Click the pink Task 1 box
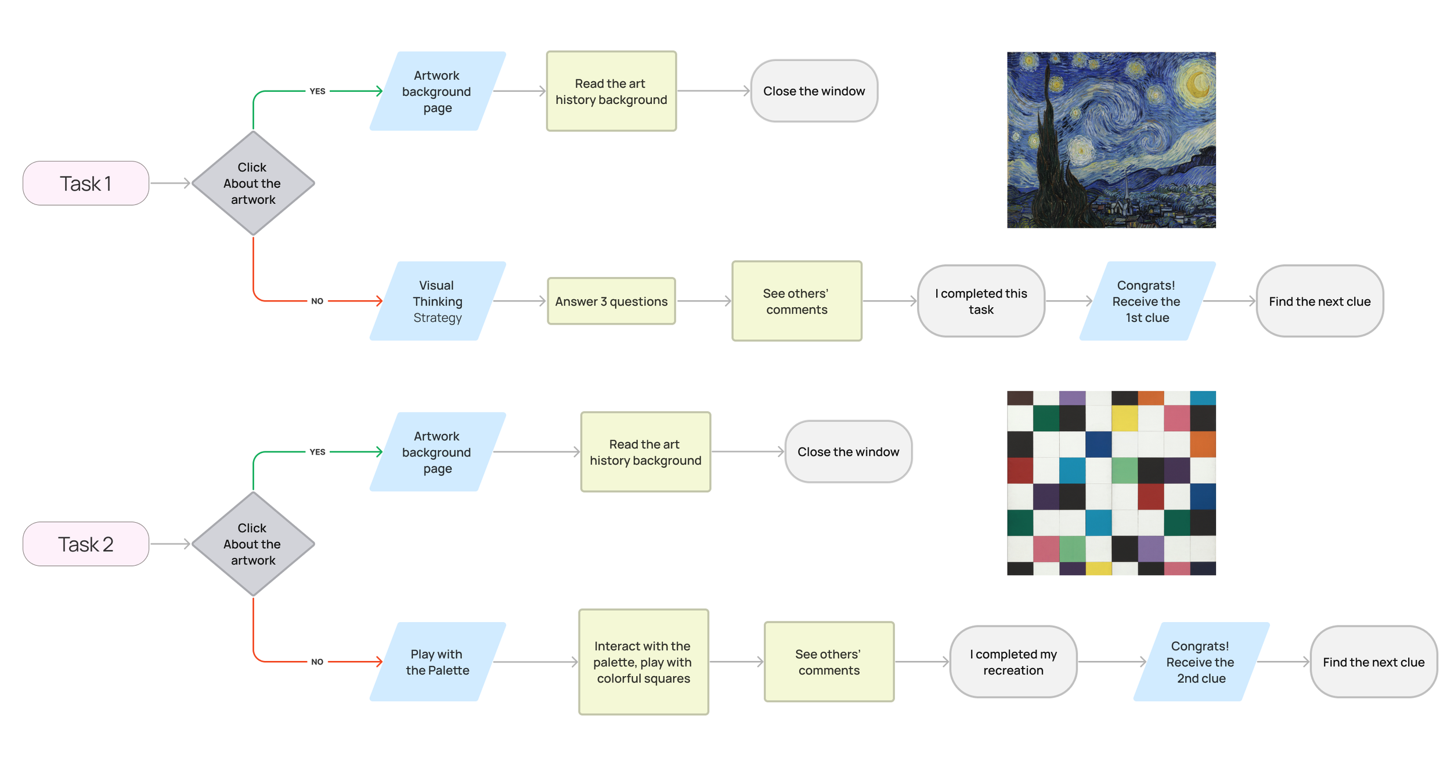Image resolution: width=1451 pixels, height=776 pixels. click(86, 184)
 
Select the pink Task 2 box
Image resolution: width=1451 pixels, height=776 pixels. click(86, 544)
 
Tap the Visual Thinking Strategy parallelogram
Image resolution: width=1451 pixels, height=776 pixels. click(438, 301)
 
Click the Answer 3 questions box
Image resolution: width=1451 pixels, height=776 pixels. click(611, 301)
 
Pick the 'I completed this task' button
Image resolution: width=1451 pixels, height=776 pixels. click(981, 301)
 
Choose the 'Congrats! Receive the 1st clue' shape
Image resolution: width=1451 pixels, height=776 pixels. click(1147, 301)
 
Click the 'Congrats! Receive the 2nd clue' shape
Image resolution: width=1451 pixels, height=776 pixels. click(1201, 662)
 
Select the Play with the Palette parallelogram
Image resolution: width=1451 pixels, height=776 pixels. click(438, 662)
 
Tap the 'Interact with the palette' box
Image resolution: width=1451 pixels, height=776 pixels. click(644, 662)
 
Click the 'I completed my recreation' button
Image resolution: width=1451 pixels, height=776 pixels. click(1013, 662)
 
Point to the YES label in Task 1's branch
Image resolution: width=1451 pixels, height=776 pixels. click(317, 91)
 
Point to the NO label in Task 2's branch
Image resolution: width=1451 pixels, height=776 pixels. click(317, 662)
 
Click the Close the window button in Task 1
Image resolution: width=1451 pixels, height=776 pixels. click(814, 91)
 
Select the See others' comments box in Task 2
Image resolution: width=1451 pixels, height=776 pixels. click(829, 662)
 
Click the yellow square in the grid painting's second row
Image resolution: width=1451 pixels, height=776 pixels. click(1124, 418)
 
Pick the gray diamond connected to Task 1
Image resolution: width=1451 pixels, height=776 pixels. click(253, 184)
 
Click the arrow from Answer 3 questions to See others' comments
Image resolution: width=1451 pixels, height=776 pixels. click(703, 301)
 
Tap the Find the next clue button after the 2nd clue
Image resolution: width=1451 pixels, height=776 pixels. click(1373, 662)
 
